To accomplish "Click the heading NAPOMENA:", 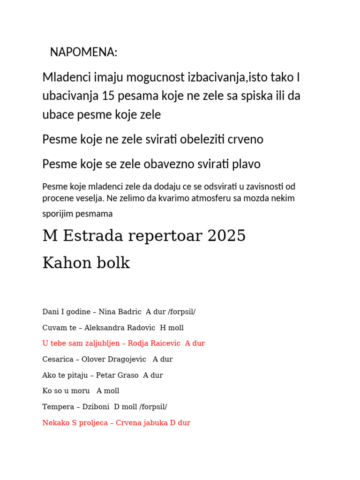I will (x=83, y=52).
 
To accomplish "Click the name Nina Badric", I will (x=120, y=312).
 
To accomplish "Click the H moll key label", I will (x=172, y=328).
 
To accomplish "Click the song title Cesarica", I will (x=58, y=360).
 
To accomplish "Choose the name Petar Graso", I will (x=117, y=375).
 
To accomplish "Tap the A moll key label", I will (x=108, y=390).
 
